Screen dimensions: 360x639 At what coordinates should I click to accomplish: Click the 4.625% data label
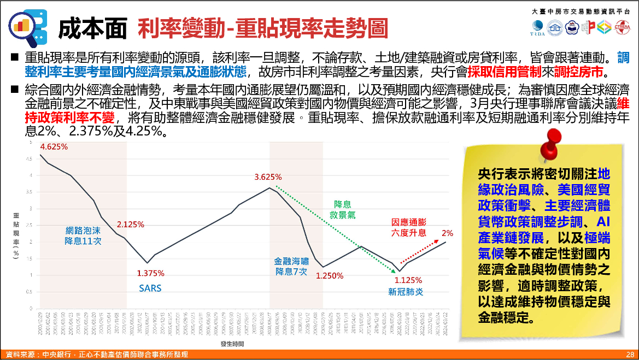(54, 146)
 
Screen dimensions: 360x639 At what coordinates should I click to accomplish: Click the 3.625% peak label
(268, 177)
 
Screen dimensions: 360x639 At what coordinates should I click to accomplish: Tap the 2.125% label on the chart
(130, 224)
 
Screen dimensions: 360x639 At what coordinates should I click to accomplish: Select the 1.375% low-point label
(150, 273)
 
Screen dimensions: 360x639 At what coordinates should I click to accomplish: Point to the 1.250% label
(330, 276)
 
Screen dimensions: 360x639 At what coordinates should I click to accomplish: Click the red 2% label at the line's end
(447, 233)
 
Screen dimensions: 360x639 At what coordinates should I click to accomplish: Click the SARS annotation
(150, 288)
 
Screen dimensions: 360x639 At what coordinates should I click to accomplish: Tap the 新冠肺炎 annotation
(406, 292)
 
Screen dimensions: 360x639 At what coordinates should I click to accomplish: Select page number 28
(630, 355)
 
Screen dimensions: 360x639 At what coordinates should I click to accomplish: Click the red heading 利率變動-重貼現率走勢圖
(263, 28)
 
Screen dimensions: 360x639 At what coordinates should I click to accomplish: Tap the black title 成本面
(93, 28)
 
